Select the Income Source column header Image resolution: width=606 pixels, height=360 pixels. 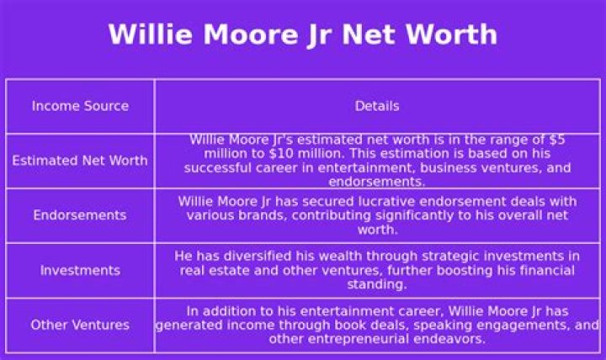(80, 106)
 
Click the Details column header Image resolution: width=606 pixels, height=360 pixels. (377, 106)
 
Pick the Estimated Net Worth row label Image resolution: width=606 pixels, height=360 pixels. (80, 161)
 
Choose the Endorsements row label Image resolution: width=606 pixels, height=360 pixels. (80, 215)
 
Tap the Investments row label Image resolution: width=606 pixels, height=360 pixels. (80, 270)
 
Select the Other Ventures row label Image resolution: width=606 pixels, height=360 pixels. (80, 325)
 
